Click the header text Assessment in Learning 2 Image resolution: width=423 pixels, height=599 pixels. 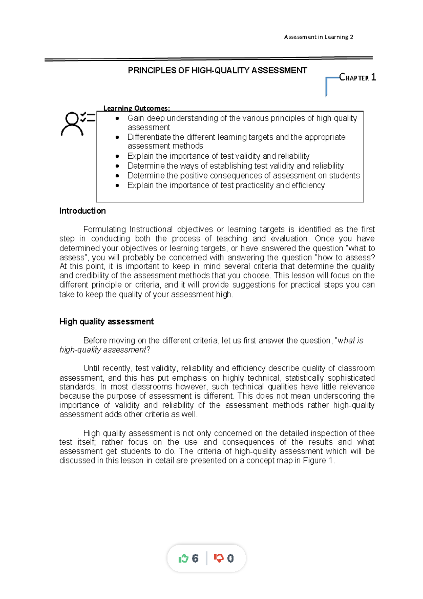[x=318, y=37]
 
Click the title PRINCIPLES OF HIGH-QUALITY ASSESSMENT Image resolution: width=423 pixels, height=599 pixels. [x=217, y=71]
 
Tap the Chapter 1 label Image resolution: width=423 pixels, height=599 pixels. [x=357, y=77]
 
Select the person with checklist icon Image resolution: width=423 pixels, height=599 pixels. [x=77, y=123]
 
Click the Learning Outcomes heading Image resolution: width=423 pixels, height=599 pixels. [x=136, y=108]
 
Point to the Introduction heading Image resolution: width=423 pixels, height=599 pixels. [x=82, y=211]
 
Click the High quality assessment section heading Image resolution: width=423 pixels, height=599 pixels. [x=106, y=322]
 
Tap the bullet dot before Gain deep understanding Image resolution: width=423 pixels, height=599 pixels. [x=117, y=119]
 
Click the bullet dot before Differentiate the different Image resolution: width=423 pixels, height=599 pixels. [x=117, y=137]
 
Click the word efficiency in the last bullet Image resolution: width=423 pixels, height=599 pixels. [x=308, y=186]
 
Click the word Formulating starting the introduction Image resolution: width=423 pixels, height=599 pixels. [x=104, y=229]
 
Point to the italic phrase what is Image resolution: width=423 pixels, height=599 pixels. [x=350, y=341]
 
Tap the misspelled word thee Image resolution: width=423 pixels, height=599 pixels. [x=367, y=433]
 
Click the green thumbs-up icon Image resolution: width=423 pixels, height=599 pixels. [x=183, y=558]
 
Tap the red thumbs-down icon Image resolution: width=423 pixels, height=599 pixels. [x=219, y=558]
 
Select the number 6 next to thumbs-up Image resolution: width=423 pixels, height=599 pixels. [x=195, y=558]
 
